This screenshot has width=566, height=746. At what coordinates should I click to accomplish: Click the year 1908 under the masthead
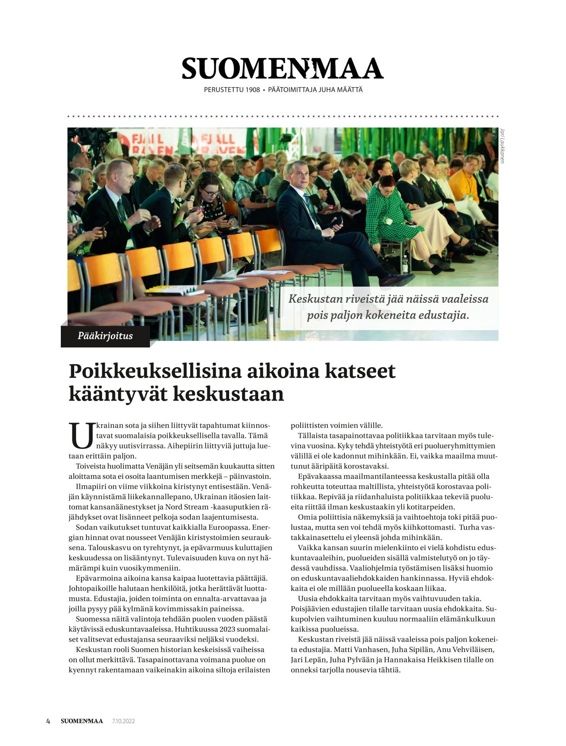252,90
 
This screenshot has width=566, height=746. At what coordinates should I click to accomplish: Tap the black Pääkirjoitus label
105,336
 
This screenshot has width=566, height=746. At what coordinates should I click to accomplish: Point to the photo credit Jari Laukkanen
502,146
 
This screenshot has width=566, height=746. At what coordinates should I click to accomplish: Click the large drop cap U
82,436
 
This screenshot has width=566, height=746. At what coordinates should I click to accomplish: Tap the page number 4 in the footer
48,721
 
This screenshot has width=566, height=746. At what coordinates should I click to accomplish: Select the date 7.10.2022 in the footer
124,721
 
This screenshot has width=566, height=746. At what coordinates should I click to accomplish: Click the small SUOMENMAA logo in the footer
82,721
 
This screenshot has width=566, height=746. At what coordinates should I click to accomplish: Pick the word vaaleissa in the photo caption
465,298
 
